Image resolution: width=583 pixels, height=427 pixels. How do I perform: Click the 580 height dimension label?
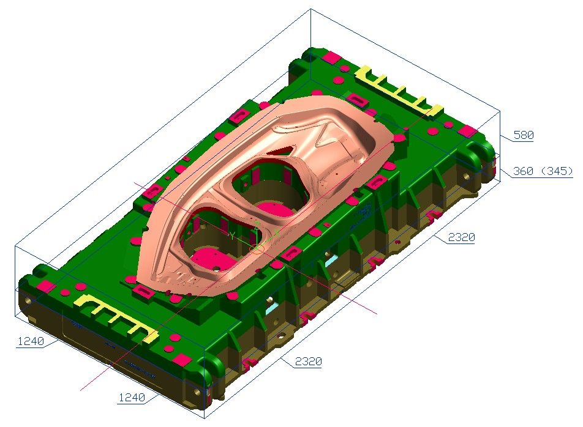point(523,135)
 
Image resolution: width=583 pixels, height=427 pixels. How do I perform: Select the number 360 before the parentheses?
point(522,171)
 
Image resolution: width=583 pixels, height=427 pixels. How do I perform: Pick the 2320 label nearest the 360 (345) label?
point(461,238)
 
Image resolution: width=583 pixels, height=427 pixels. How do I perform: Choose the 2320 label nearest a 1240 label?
point(307,362)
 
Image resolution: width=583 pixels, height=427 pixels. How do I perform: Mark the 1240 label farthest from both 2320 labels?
point(30,341)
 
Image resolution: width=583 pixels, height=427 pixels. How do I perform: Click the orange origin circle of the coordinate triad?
point(257,248)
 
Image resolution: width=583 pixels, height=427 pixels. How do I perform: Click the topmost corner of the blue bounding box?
point(311,9)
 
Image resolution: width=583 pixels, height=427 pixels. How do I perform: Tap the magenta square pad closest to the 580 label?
point(468,132)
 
